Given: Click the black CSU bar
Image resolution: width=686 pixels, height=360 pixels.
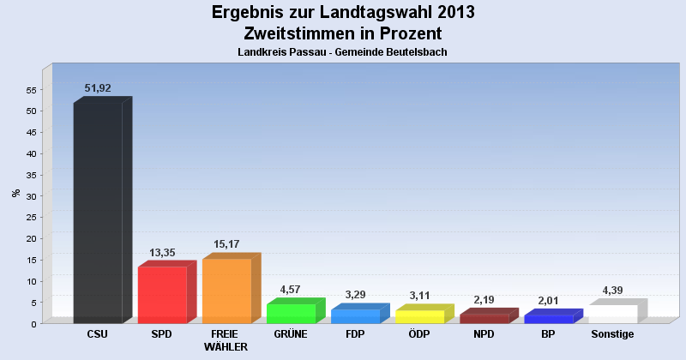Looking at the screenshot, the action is pyautogui.click(x=103, y=210).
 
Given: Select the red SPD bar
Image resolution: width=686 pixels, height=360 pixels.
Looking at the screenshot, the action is pyautogui.click(x=167, y=292).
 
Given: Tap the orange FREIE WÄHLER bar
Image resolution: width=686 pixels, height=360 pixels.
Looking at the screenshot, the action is pyautogui.click(x=232, y=288).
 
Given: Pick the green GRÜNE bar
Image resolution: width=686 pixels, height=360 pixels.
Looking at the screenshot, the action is pyautogui.click(x=296, y=311).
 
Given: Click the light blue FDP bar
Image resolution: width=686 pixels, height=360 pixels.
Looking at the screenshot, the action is pyautogui.click(x=360, y=314).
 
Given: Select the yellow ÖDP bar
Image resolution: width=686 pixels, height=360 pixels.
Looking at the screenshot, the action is pyautogui.click(x=424, y=314).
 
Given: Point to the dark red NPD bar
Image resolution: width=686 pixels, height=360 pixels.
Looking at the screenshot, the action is pyautogui.click(x=489, y=315).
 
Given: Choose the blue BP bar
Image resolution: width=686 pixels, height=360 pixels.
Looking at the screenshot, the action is pyautogui.click(x=553, y=316).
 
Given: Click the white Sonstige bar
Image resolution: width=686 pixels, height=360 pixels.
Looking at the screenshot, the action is pyautogui.click(x=617, y=311).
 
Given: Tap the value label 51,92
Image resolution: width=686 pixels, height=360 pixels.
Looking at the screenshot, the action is pyautogui.click(x=98, y=88).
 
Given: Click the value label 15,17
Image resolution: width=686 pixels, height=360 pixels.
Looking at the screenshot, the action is pyautogui.click(x=226, y=244).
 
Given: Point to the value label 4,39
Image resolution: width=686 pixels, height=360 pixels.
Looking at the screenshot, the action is pyautogui.click(x=612, y=290).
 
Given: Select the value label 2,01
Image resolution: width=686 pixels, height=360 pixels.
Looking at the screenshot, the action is pyautogui.click(x=548, y=301).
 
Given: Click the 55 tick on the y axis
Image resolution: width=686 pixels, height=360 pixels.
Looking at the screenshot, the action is pyautogui.click(x=32, y=90).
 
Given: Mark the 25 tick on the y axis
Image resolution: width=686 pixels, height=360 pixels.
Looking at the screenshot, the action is pyautogui.click(x=32, y=218).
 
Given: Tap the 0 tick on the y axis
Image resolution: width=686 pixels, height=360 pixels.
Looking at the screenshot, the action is pyautogui.click(x=33, y=324).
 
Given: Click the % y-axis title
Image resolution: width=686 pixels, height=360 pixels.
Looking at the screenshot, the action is pyautogui.click(x=16, y=193).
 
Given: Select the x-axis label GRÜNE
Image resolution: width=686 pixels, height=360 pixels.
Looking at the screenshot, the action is pyautogui.click(x=291, y=334).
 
